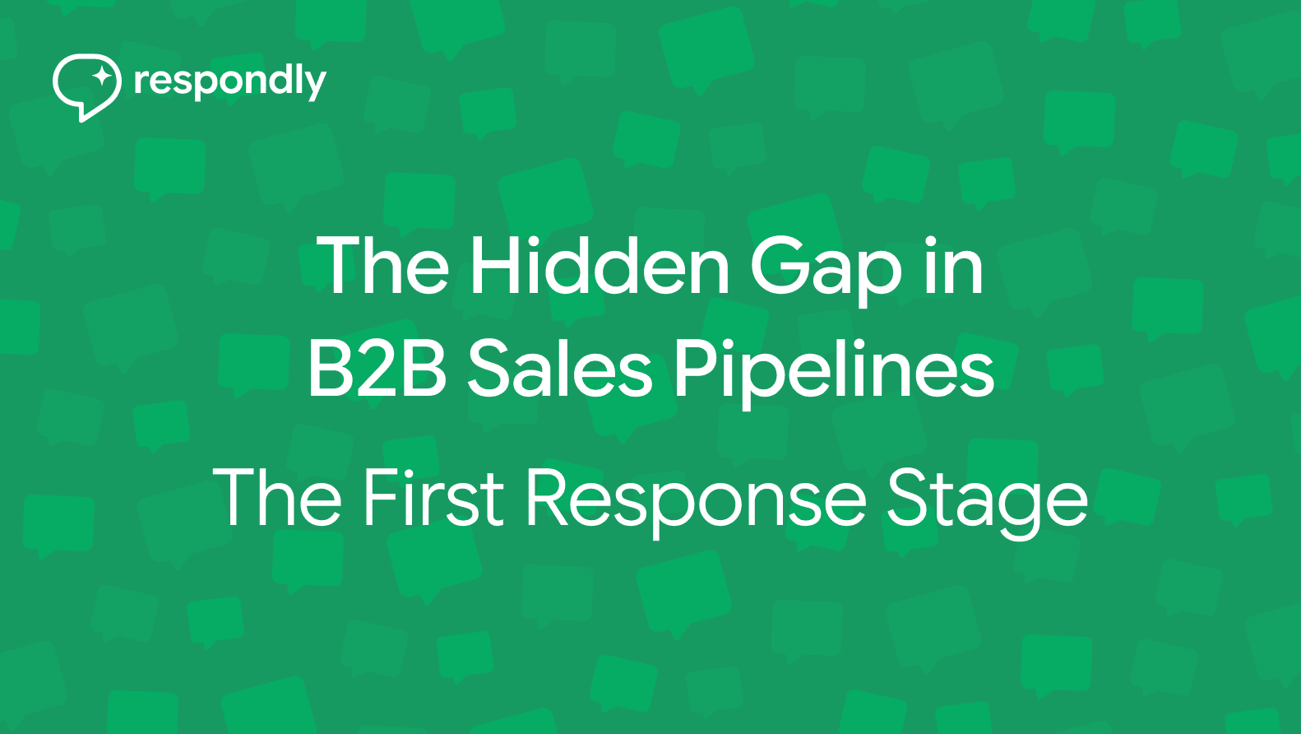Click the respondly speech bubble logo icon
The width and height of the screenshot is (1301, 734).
[x=86, y=86]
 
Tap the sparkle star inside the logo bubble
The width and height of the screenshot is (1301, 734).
[x=102, y=77]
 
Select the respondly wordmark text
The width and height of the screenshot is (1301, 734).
[x=229, y=82]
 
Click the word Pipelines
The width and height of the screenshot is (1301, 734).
[x=834, y=370]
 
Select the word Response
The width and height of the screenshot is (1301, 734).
[x=696, y=499]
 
